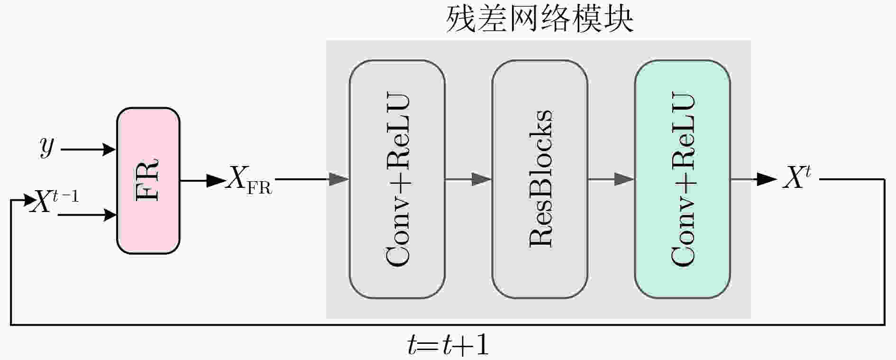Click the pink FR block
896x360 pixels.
(x=148, y=181)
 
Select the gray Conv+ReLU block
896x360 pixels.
(x=397, y=179)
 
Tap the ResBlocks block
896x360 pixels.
(x=540, y=179)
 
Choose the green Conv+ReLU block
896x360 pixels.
(x=683, y=179)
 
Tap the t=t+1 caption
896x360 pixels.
(x=448, y=345)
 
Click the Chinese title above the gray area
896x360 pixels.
(x=540, y=19)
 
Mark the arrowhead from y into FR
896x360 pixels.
(x=110, y=149)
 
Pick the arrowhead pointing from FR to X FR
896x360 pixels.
(x=217, y=180)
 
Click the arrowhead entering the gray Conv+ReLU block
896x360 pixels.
(x=339, y=179)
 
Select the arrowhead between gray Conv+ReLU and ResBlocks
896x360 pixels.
(x=482, y=179)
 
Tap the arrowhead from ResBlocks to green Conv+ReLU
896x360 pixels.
(x=625, y=179)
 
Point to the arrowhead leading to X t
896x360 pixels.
(x=768, y=179)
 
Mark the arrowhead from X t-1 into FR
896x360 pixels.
(x=110, y=215)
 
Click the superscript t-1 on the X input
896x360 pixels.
(x=66, y=196)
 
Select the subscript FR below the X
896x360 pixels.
(x=260, y=188)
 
